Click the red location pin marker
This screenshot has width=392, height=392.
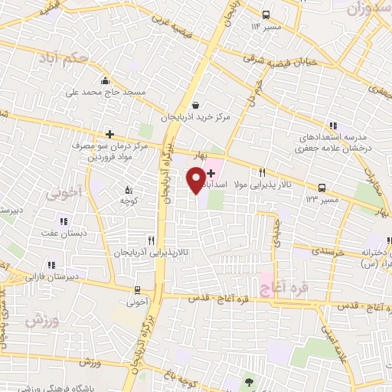(x=196, y=179)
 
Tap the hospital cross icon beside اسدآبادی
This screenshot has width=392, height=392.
(x=211, y=174)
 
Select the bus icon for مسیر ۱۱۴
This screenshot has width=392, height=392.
(x=266, y=14)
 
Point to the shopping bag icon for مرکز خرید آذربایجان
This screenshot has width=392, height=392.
(x=196, y=106)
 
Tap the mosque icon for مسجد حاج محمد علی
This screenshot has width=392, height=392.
(x=104, y=80)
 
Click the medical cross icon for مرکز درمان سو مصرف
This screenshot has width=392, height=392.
(x=109, y=134)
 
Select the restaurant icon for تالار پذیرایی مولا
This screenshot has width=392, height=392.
(x=263, y=173)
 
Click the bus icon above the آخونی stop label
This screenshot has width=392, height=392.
(x=137, y=289)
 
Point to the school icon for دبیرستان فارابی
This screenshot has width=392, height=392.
(x=51, y=265)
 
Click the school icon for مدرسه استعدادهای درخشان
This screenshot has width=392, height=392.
(x=332, y=126)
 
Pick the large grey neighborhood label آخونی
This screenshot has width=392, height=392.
(x=63, y=192)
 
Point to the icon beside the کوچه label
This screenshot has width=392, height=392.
(x=128, y=189)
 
